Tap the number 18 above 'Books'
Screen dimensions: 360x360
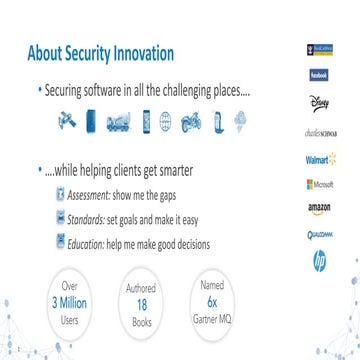[x=141, y=301]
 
